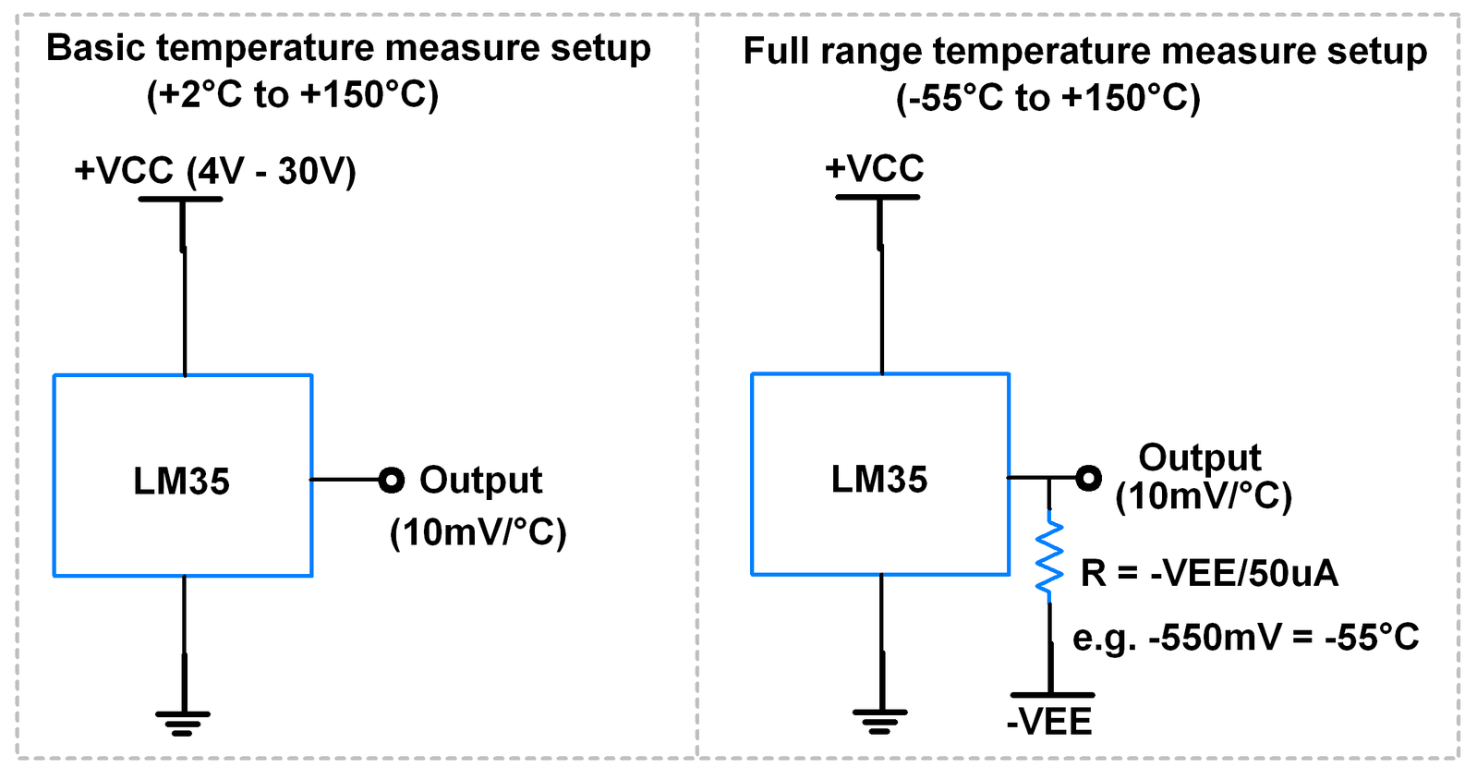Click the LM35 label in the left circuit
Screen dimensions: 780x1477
pyautogui.click(x=181, y=481)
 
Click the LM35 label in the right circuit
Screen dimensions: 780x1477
pyautogui.click(x=878, y=480)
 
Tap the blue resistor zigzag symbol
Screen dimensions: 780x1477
pyautogui.click(x=1049, y=557)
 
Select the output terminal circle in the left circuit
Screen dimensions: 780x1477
pyautogui.click(x=392, y=480)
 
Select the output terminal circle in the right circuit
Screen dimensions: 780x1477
pyautogui.click(x=1089, y=478)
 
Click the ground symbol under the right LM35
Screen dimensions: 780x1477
pyautogui.click(x=880, y=720)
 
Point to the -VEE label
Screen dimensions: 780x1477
pyautogui.click(x=1049, y=722)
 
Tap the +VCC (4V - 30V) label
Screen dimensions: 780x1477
pyautogui.click(x=215, y=171)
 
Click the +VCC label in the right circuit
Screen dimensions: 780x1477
pyautogui.click(x=875, y=168)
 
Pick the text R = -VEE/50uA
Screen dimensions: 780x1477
pyautogui.click(x=1209, y=574)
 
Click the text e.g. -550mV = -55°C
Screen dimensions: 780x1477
pyautogui.click(x=1245, y=638)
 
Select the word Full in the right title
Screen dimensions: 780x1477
pyautogui.click(x=776, y=52)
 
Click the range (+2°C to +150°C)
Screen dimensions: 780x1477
pyautogui.click(x=293, y=95)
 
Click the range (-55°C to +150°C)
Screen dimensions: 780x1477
pyautogui.click(x=1048, y=98)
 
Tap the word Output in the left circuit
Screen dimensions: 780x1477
pyautogui.click(x=480, y=481)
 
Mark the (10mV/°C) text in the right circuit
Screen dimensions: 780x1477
pyautogui.click(x=1204, y=497)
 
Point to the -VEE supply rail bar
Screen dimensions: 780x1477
pyautogui.click(x=1052, y=695)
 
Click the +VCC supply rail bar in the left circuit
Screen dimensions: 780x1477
pyautogui.click(x=180, y=199)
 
